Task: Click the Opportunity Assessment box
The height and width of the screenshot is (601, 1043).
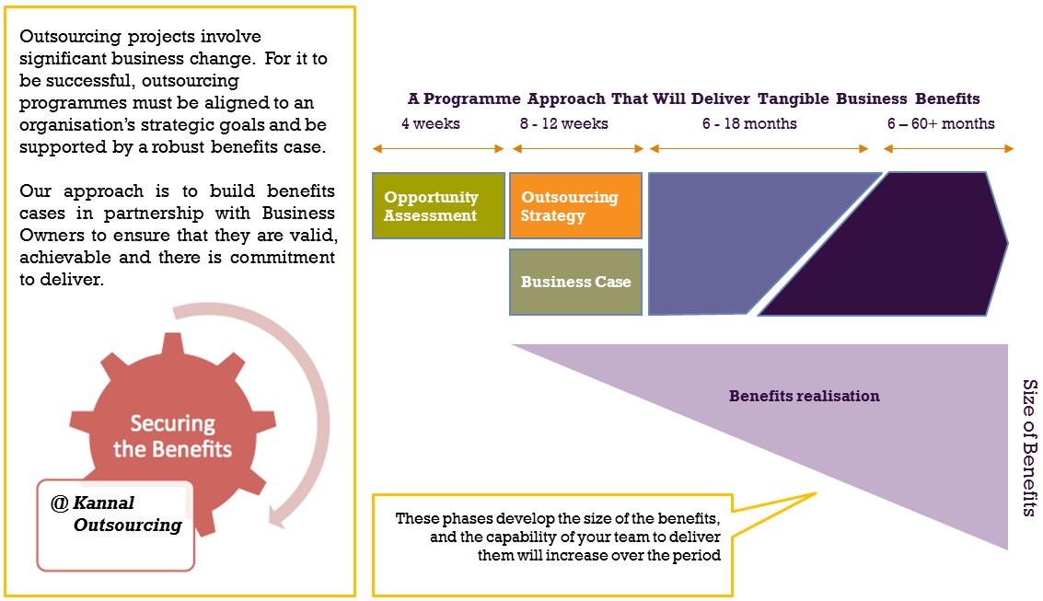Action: click(x=438, y=205)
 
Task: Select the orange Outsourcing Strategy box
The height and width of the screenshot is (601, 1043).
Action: click(x=575, y=205)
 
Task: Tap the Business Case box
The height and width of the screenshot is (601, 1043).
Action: click(x=575, y=282)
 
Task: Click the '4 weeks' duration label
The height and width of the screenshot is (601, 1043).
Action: click(x=431, y=123)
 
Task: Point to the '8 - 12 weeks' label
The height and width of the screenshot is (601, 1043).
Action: click(x=564, y=123)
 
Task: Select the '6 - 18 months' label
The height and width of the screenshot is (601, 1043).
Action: click(x=749, y=123)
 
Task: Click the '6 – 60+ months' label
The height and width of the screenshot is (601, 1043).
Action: click(x=941, y=123)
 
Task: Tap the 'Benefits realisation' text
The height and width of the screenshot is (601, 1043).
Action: click(x=805, y=397)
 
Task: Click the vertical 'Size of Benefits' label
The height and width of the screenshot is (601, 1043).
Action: click(x=1030, y=447)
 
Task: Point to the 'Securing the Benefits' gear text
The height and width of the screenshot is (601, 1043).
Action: click(x=172, y=436)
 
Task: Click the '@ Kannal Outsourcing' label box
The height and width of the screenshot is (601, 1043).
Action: click(x=116, y=526)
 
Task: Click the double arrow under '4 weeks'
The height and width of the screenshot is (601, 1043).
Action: click(x=438, y=149)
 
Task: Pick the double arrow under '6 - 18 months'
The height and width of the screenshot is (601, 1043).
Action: click(x=759, y=149)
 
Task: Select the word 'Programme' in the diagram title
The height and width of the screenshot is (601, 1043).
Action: click(x=471, y=99)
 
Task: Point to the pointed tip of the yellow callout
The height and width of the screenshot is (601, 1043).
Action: click(x=816, y=493)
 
